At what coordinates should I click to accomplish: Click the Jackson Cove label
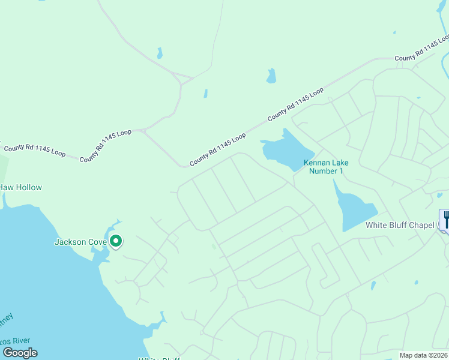[x=80, y=242]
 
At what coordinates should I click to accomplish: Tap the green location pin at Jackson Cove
[x=116, y=241]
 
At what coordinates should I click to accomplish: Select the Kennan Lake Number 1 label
[x=326, y=167]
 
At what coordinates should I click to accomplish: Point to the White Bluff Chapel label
[x=400, y=226]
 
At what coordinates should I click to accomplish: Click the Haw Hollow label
[x=20, y=188]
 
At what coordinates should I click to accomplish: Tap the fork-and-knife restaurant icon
[x=445, y=219]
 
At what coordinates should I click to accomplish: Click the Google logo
[x=19, y=353]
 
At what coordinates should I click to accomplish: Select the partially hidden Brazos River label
[x=13, y=341]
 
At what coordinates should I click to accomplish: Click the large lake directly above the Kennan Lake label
[x=286, y=150]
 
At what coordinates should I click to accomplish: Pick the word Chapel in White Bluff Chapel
[x=421, y=226]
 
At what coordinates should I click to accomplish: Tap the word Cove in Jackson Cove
[x=97, y=242]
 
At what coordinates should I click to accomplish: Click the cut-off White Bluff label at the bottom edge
[x=160, y=358]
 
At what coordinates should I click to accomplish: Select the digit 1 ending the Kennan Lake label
[x=341, y=171]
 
